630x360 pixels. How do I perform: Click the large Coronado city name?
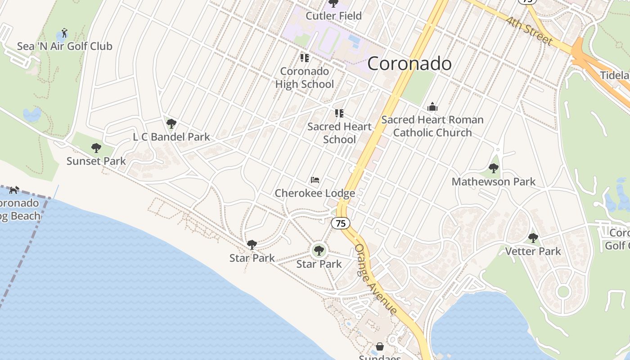pos(409,63)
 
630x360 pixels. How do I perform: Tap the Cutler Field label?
pos(333,16)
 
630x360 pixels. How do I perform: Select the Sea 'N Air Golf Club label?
pos(64,46)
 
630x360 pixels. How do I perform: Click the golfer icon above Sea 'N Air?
pos(64,33)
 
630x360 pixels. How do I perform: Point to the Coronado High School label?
pos(305,77)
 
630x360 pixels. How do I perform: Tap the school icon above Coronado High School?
pos(305,58)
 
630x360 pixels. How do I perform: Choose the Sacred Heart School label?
pos(339,133)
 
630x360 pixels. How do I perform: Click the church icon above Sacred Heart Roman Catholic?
pos(432,107)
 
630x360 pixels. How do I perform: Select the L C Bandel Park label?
pos(171,137)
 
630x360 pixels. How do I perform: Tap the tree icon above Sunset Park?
pos(96,148)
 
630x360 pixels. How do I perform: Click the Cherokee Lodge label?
pos(315,193)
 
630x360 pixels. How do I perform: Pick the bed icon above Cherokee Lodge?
pos(315,180)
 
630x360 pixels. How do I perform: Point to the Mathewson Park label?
pos(494,181)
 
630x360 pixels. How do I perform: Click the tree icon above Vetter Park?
pos(533,238)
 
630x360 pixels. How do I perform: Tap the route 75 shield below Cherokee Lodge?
pos(341,223)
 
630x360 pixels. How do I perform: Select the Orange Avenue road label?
pos(375,279)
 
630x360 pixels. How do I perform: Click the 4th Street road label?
pos(528,31)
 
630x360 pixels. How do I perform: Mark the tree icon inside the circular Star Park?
pos(319,250)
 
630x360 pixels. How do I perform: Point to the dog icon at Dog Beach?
pos(14,190)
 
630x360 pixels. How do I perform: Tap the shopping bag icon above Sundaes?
pos(380,346)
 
